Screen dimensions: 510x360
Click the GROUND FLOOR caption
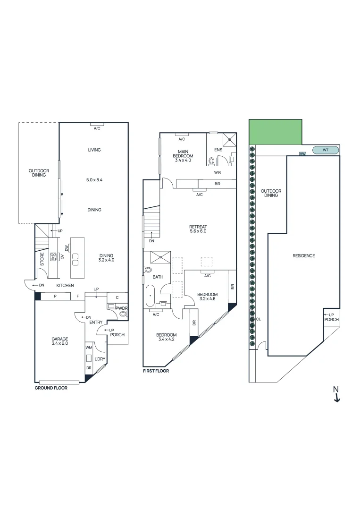(51, 388)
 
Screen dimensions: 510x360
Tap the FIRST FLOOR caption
(156, 371)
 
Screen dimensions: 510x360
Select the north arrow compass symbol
(336, 394)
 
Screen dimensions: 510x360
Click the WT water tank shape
(325, 150)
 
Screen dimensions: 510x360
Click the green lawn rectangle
(275, 132)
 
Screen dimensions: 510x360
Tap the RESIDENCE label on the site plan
(303, 255)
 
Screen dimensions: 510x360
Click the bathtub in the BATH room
(150, 296)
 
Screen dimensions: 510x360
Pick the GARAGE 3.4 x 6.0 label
(60, 341)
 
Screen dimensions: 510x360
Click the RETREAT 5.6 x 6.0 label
(198, 229)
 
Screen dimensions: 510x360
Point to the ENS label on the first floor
(218, 150)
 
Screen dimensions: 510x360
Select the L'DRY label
(100, 359)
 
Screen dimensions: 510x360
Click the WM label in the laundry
(88, 348)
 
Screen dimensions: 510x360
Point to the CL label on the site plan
(258, 319)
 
